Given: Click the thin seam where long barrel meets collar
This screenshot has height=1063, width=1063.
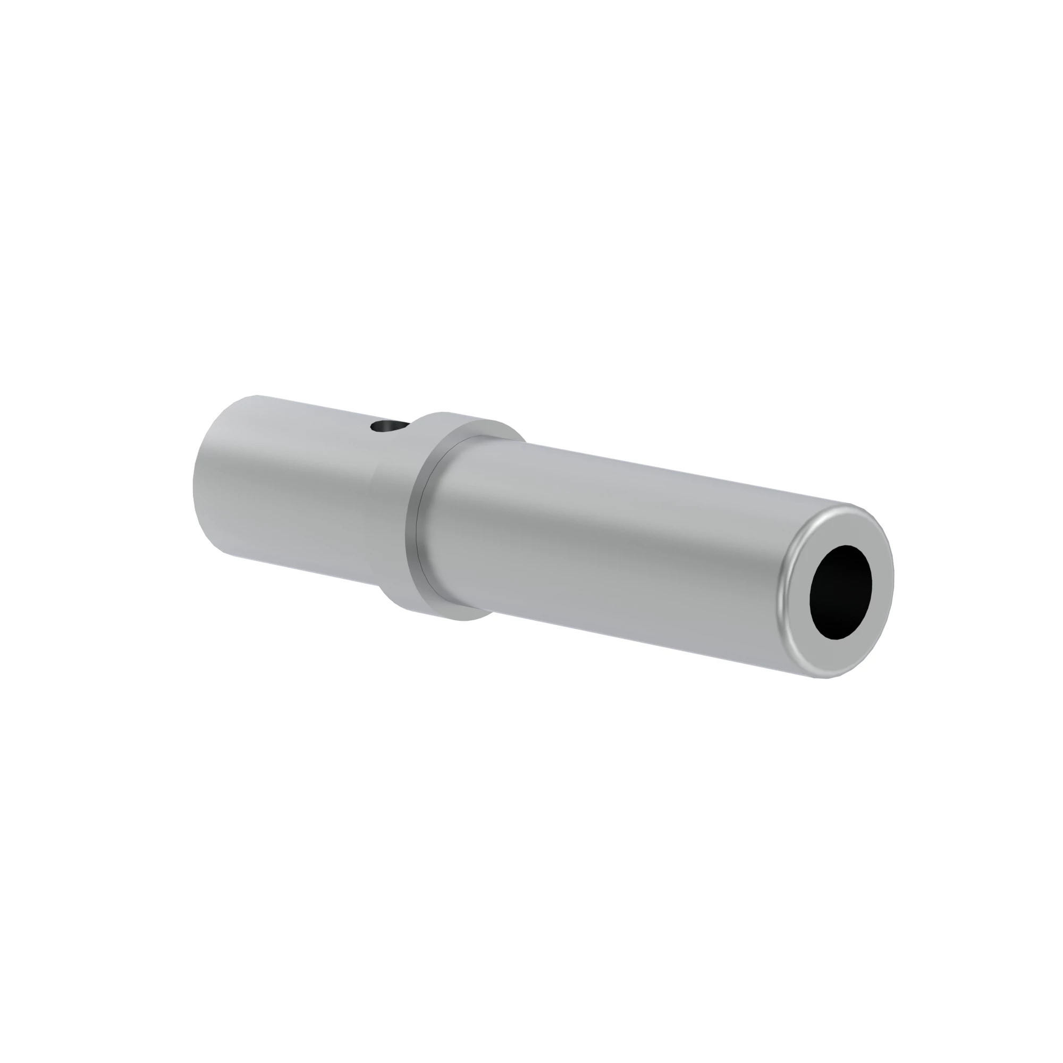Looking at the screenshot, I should click(x=419, y=528).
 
